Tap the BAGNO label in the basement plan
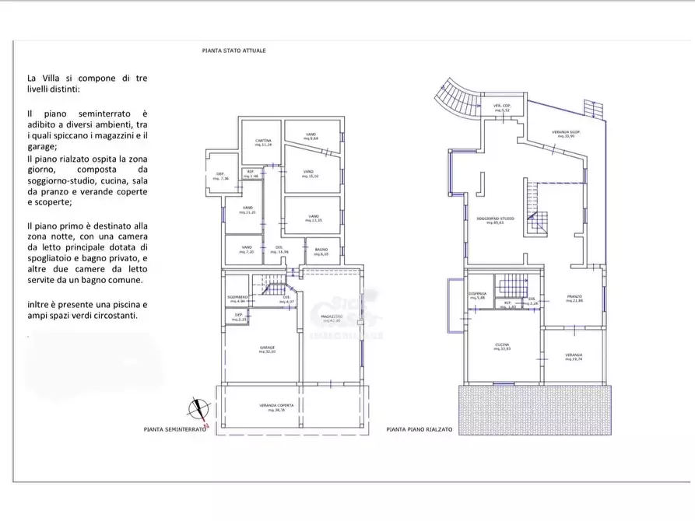pos(321,251)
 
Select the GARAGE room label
pos(268,349)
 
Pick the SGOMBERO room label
pos(237,298)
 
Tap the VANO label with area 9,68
pos(311,135)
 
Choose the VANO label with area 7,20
pos(245,250)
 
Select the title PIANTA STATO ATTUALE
pos(233,51)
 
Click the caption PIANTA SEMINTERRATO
pos(174,429)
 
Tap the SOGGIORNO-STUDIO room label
pos(496,220)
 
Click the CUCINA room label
pos(502,347)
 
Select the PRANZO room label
pos(574,299)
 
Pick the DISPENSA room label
pos(477,295)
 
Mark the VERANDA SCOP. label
pos(567,135)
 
